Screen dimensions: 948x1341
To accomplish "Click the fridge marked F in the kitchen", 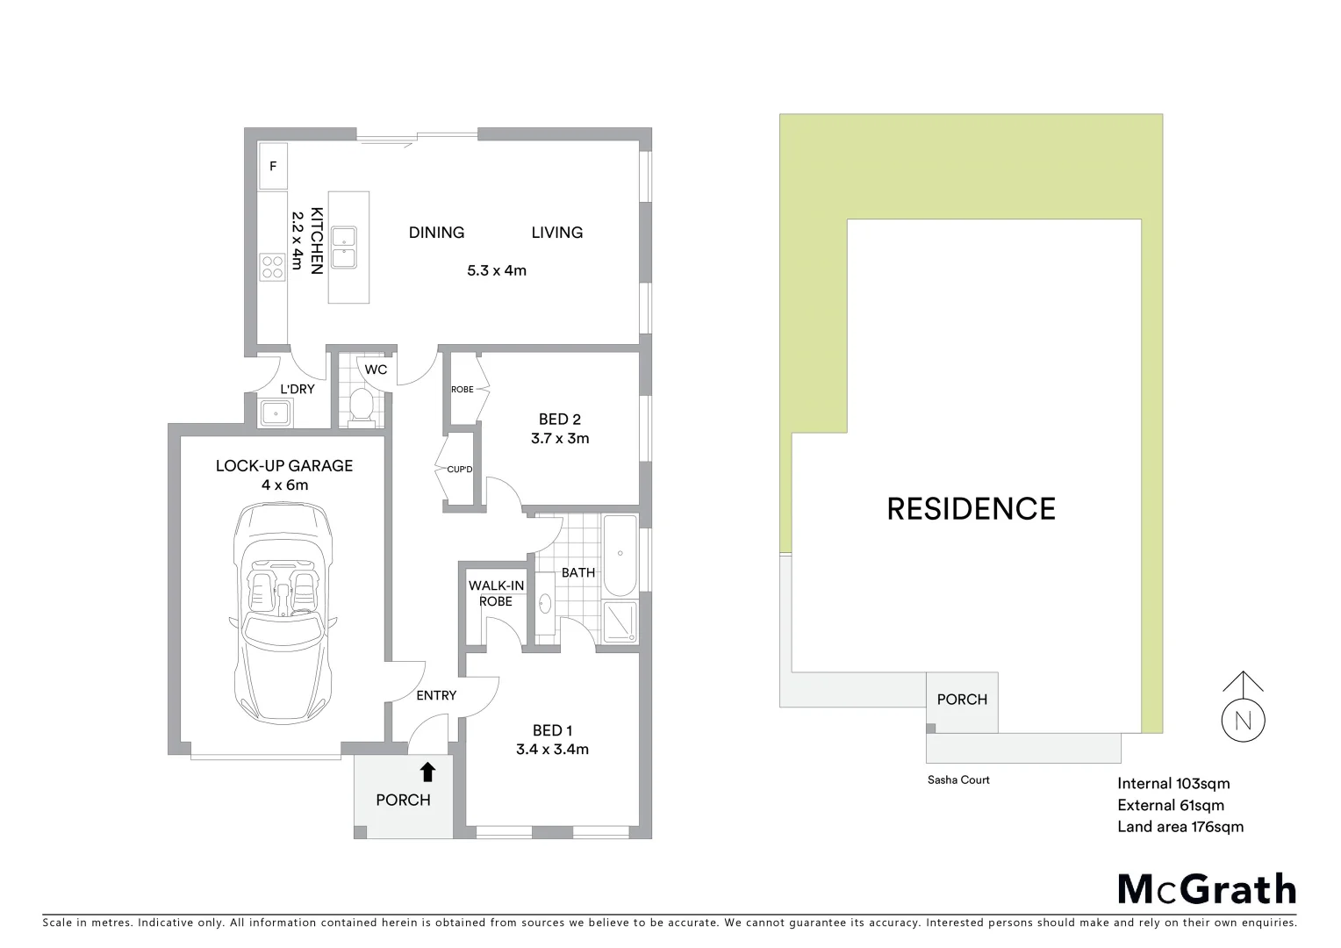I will [x=273, y=166].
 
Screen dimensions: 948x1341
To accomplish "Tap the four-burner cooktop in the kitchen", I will [x=272, y=265].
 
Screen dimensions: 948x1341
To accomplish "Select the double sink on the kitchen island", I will [x=348, y=247].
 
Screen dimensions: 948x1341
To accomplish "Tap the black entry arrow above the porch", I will [x=427, y=772].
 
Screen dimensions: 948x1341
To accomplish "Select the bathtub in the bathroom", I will [x=620, y=554].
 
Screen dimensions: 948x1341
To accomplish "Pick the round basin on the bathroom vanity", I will [x=545, y=603].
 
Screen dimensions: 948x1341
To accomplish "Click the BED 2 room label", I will [x=560, y=420].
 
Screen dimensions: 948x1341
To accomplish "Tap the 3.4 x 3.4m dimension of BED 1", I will [x=553, y=750].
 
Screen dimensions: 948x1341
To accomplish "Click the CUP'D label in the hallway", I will [x=459, y=470].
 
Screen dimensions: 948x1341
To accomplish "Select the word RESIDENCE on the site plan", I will [x=971, y=509].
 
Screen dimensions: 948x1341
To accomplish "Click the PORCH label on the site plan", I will [x=962, y=700].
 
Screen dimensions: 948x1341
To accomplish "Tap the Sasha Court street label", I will [x=958, y=779].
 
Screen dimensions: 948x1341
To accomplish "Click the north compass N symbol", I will [x=1244, y=721].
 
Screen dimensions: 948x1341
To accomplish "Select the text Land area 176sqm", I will [x=1180, y=827].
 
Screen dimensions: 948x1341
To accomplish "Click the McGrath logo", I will [x=1207, y=889].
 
